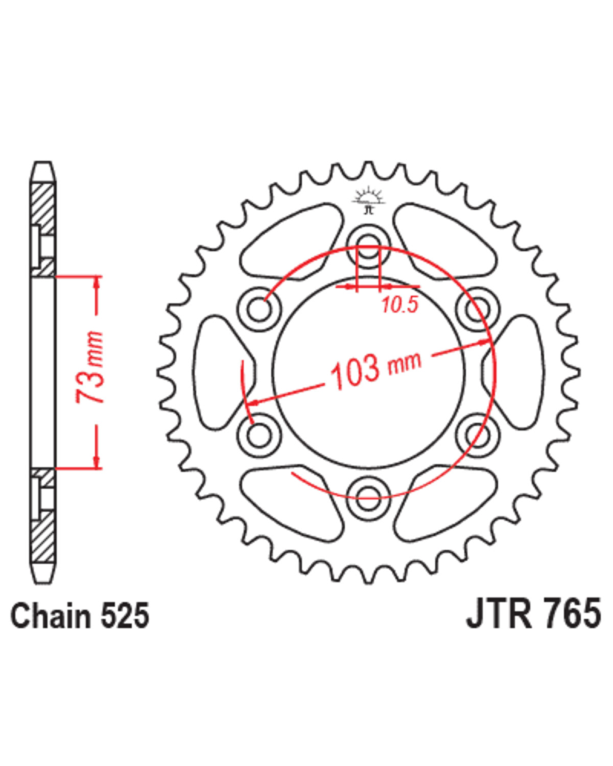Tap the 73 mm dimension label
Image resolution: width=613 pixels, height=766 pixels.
coord(89,367)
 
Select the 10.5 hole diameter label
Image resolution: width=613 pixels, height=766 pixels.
coord(399,305)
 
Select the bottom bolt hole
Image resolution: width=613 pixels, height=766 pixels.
coord(368,497)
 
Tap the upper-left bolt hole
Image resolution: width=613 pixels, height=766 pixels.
coord(259,309)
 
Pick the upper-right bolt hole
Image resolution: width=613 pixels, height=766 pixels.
coord(477,309)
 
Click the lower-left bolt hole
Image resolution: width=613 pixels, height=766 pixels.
coord(259,435)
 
